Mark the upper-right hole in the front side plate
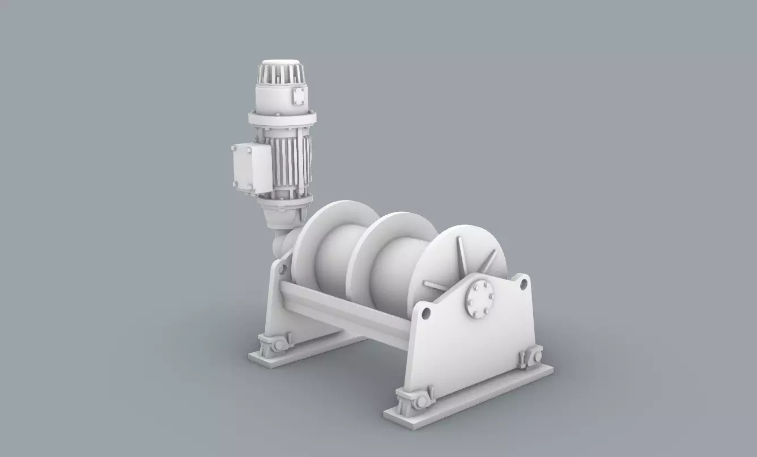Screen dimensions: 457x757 pyautogui.click(x=524, y=282)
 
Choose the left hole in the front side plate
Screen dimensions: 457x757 pyautogui.click(x=426, y=313)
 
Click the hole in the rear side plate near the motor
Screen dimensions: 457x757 pyautogui.click(x=282, y=268)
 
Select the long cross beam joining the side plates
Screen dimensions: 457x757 pyautogui.click(x=346, y=311)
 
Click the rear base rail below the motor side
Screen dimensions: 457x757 pyautogui.click(x=306, y=351)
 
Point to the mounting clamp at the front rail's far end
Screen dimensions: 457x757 pyautogui.click(x=531, y=358)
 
